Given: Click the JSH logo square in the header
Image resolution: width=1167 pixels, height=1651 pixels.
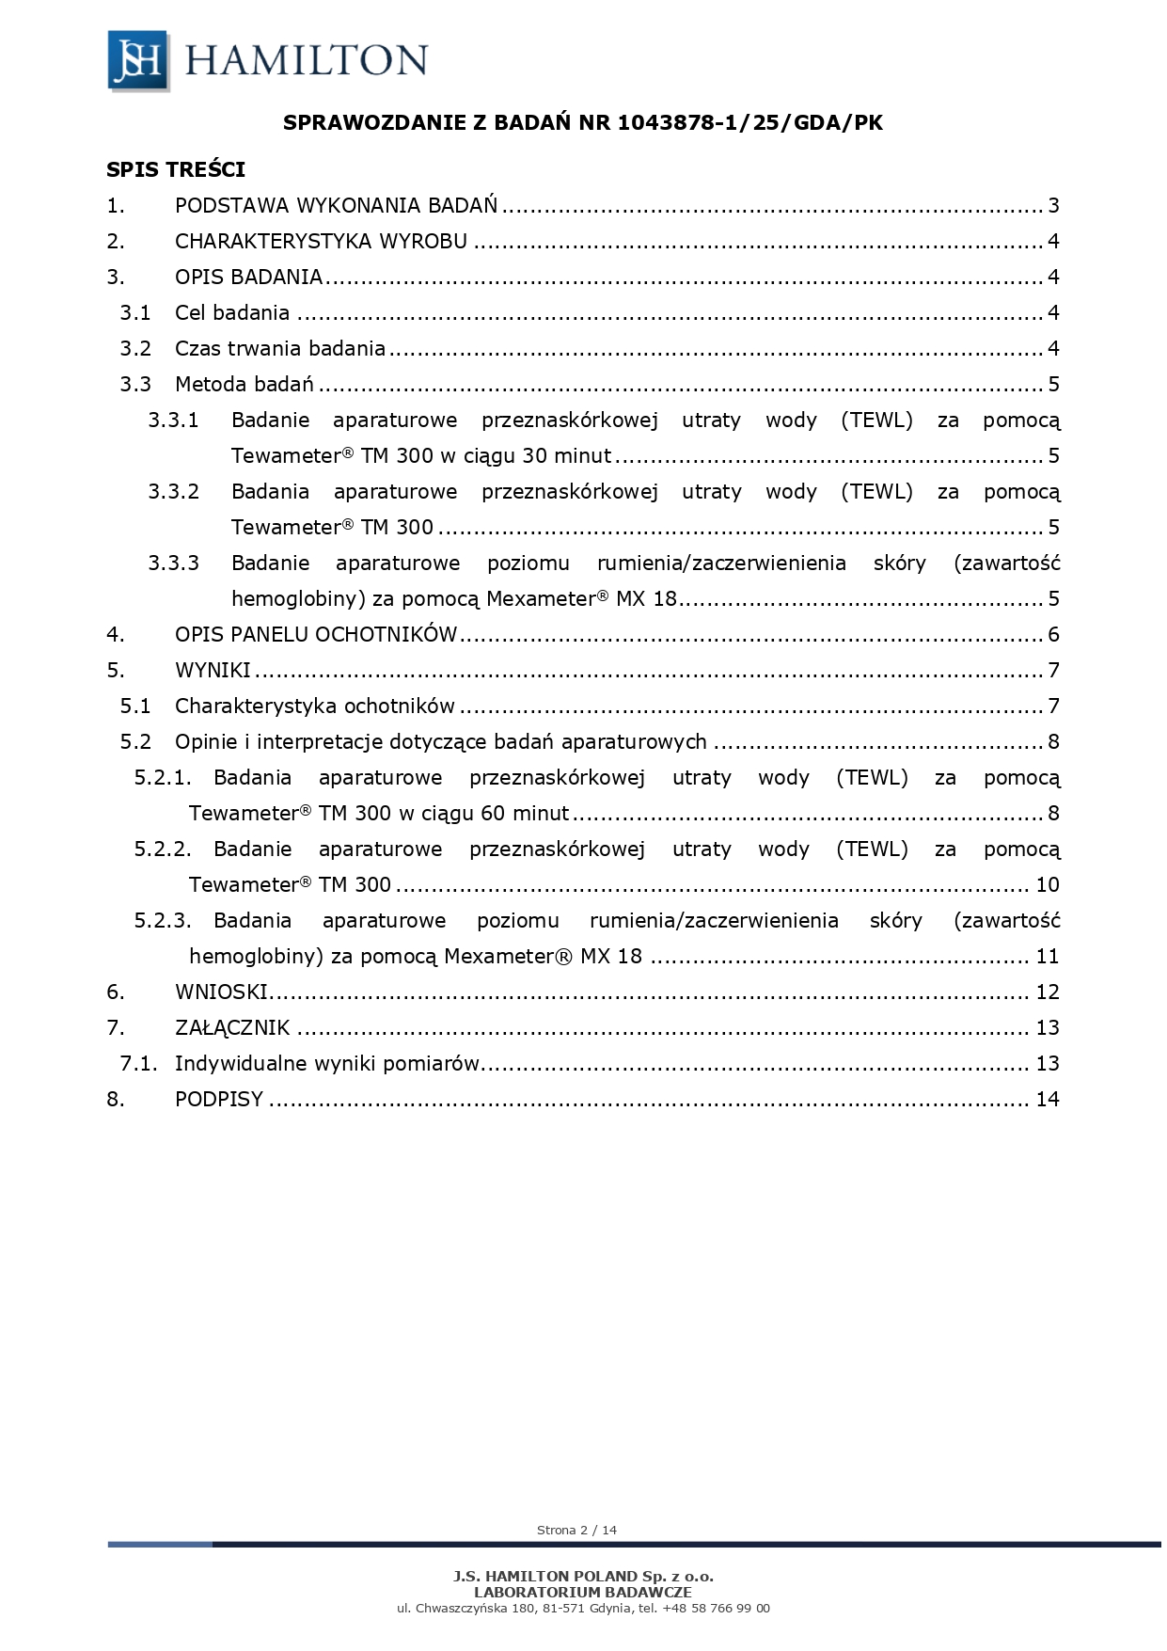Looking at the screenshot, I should click(138, 60).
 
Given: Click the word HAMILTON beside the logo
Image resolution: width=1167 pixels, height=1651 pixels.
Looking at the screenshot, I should click(307, 60).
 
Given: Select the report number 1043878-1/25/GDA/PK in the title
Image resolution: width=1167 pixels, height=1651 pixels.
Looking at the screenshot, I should click(750, 122).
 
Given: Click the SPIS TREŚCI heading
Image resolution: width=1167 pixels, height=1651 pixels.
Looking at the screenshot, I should click(176, 169).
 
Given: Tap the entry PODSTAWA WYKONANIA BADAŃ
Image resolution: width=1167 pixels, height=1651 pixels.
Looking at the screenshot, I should click(336, 206).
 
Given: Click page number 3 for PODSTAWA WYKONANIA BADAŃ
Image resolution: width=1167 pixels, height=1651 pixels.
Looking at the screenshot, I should click(1053, 206).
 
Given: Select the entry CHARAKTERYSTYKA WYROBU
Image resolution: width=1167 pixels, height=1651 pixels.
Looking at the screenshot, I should click(321, 242).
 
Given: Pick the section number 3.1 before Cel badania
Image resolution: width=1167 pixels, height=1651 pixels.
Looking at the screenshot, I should click(135, 313).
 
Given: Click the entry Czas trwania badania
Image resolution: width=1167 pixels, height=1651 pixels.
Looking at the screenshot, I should click(280, 349).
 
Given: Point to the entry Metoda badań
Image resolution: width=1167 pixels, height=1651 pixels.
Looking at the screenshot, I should click(244, 385).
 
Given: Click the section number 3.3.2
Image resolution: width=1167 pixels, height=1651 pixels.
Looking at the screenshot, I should click(173, 492).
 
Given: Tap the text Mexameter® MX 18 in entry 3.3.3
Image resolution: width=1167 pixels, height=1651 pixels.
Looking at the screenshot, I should click(581, 599).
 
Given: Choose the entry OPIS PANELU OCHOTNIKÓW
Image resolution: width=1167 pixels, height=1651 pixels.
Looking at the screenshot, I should click(316, 635).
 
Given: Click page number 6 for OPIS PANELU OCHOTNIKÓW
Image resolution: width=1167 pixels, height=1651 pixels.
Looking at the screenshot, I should click(1053, 635).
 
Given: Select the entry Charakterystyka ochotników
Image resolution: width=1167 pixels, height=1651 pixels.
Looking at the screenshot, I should click(314, 706).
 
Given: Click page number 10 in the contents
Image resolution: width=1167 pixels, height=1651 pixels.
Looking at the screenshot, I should click(1047, 885).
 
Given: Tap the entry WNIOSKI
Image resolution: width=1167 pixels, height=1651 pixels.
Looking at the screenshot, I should click(222, 992).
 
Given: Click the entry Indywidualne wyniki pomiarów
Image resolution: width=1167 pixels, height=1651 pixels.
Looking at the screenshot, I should click(327, 1064).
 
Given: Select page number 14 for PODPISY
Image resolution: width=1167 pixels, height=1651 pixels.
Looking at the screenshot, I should click(1047, 1100).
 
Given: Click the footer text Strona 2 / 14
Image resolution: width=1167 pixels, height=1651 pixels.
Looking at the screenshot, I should click(576, 1531).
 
